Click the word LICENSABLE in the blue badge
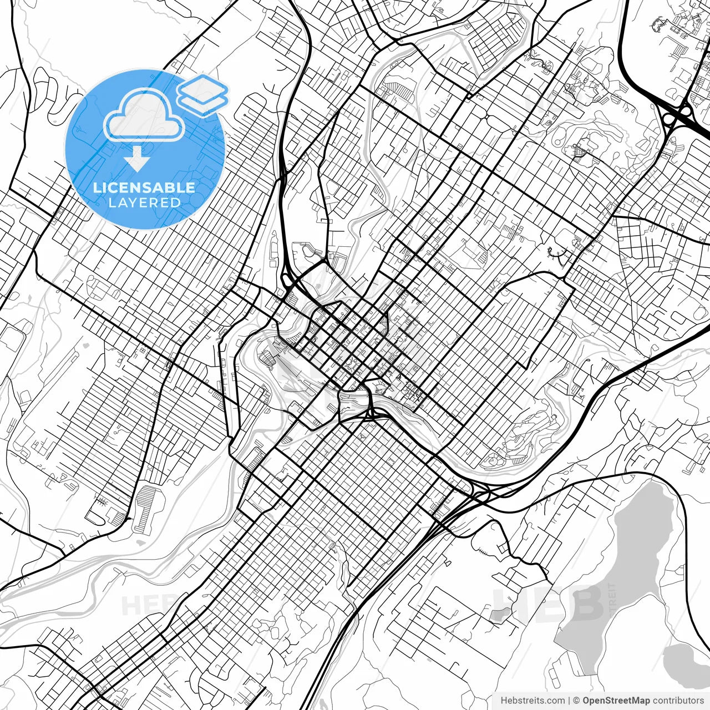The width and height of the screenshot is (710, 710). [144, 187]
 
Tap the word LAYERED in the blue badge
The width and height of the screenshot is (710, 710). [144, 202]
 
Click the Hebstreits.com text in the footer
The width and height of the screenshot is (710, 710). [532, 701]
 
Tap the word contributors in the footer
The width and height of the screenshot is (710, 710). [678, 701]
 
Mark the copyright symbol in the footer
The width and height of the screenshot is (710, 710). [576, 701]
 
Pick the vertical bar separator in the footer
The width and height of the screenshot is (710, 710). [569, 701]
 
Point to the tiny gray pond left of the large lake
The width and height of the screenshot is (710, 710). [500, 613]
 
